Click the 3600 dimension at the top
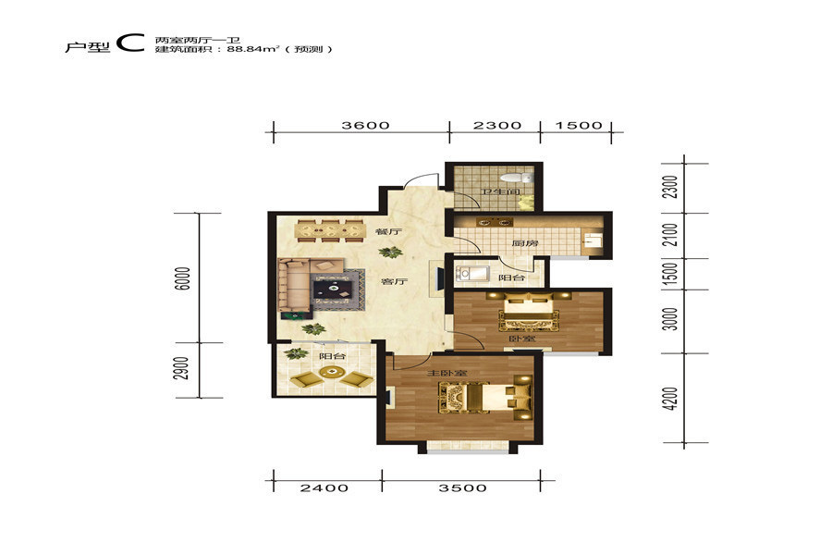pos(365,126)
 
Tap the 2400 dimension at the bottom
pos(324,487)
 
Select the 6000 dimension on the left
pos(182,277)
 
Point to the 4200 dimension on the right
pos(671,399)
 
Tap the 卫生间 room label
pos(499,191)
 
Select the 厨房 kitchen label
pos(525,243)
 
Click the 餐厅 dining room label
pos(388,232)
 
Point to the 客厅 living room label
pos(394,281)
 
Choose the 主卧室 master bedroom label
pos(447,374)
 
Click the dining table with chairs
pos(329,231)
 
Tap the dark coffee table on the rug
pos(333,289)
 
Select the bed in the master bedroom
pos(484,398)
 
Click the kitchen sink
pos(593,240)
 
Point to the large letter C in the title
pos(130,43)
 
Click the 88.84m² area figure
pos(253,49)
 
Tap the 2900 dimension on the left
pos(182,368)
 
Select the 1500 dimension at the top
pos(579,126)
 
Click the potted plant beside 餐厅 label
pos(390,252)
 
